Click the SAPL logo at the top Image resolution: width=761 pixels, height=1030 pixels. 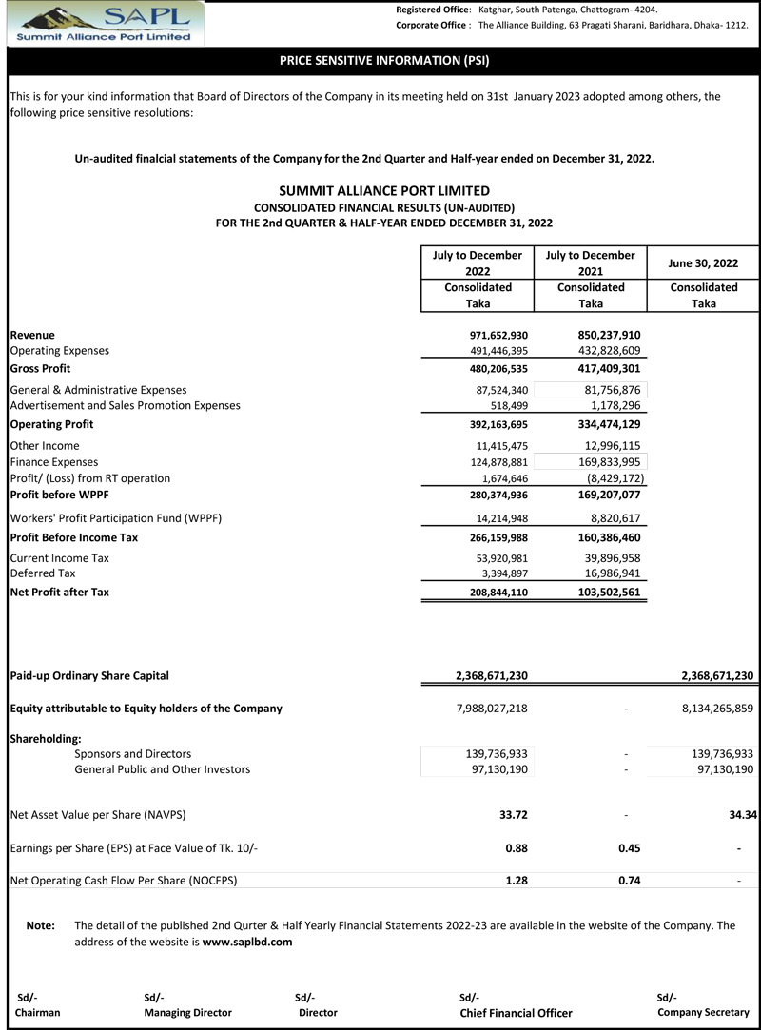[104, 23]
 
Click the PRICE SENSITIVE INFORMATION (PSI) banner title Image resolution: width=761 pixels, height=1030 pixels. [384, 61]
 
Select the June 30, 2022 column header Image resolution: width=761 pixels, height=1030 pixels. [703, 262]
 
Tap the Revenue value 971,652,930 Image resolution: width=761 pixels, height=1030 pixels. [493, 335]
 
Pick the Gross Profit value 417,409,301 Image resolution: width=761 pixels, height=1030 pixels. [609, 368]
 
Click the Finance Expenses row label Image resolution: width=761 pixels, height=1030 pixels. [53, 461]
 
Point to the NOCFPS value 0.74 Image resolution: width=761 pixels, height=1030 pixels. [629, 881]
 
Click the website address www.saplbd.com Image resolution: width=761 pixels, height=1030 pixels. [247, 943]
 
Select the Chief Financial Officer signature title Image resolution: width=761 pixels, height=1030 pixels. [516, 1013]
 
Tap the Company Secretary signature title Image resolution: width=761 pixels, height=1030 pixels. [703, 1012]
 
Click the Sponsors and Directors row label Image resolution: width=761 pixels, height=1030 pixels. [132, 753]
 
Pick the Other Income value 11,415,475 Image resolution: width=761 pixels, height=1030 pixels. [496, 445]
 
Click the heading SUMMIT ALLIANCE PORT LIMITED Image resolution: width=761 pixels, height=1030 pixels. [384, 190]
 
